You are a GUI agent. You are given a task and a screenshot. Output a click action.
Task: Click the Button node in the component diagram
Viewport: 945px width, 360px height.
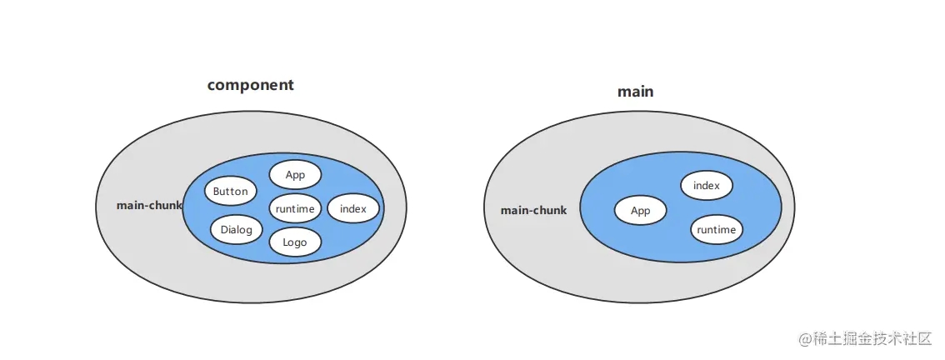[230, 192]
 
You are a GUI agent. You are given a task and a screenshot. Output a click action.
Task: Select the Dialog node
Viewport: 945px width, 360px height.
[237, 229]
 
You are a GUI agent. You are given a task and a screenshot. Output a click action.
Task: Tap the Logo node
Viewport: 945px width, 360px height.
[295, 242]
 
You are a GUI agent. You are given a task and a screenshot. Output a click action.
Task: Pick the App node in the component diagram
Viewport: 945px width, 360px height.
[295, 175]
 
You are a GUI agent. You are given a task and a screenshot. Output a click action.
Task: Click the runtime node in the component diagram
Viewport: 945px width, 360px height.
[295, 208]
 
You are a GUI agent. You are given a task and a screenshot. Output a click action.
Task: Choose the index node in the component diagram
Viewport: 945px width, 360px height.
[353, 208]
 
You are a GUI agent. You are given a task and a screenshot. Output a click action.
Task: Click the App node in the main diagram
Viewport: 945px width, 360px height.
[640, 211]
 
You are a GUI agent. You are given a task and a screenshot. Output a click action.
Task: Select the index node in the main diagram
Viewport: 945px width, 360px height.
[707, 186]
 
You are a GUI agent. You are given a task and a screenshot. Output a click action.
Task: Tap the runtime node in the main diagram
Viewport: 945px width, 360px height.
[717, 229]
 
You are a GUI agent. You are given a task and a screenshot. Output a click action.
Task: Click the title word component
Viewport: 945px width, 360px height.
[250, 85]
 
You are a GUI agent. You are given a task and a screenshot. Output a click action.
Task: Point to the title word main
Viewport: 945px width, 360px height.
[635, 92]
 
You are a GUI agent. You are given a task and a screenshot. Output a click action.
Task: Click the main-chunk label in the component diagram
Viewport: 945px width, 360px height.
[149, 205]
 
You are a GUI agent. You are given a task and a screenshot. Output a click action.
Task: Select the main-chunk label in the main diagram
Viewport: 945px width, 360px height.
[533, 210]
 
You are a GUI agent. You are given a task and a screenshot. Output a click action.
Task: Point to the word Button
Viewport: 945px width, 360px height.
[230, 192]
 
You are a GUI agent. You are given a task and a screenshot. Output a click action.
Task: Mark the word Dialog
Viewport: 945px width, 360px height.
[237, 229]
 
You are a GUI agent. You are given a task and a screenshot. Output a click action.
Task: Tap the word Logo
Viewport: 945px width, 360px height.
[295, 242]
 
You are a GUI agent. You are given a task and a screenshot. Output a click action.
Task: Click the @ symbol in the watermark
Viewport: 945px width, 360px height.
[805, 339]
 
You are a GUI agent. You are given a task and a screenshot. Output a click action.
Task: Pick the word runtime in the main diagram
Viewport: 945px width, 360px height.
[717, 229]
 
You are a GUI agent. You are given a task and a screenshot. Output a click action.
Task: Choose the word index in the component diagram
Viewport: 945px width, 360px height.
[353, 208]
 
